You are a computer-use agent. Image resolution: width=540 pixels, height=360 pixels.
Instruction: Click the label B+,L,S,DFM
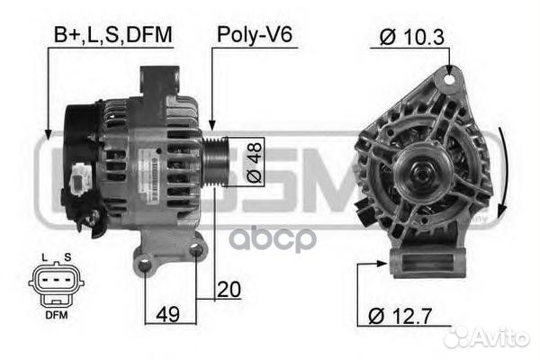[x=112, y=35]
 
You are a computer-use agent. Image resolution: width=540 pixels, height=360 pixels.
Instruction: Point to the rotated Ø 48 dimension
[x=255, y=163]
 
